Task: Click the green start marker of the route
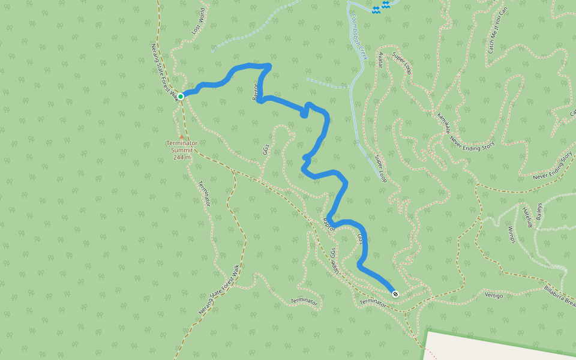tap(181, 96)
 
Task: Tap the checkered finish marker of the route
tap(395, 293)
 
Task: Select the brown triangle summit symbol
tap(181, 137)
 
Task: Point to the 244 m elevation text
tap(182, 157)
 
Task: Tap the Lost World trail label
tap(199, 21)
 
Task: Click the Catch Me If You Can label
tap(494, 29)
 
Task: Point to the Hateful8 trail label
tap(527, 217)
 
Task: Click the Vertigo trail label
tap(494, 296)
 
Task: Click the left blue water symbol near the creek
tap(376, 10)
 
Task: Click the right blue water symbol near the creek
tap(386, 5)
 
